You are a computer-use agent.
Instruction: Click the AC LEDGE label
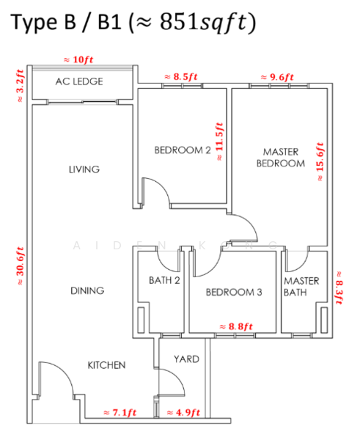click(79, 81)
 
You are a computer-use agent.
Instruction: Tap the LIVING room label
click(84, 169)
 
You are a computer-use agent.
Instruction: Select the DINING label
click(87, 290)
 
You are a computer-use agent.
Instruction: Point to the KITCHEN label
click(106, 365)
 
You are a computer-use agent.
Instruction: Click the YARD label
click(186, 359)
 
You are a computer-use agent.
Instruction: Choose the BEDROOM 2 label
click(183, 150)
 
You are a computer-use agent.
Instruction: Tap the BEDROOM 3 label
click(234, 292)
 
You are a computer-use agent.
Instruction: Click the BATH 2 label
click(164, 280)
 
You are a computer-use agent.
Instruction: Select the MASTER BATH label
click(301, 287)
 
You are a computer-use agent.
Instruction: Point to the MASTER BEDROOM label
click(281, 158)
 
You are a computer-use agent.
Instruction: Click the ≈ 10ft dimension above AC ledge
click(78, 59)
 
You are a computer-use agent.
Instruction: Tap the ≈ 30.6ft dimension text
click(21, 266)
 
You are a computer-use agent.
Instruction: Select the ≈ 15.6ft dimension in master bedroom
click(320, 161)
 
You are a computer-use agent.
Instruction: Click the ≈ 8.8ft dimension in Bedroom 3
click(236, 326)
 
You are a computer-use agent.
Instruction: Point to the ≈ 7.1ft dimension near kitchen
click(120, 412)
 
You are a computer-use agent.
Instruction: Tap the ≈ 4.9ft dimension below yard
click(183, 412)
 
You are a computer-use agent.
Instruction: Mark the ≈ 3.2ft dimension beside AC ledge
click(21, 86)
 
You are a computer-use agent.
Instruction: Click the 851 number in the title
click(179, 22)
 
